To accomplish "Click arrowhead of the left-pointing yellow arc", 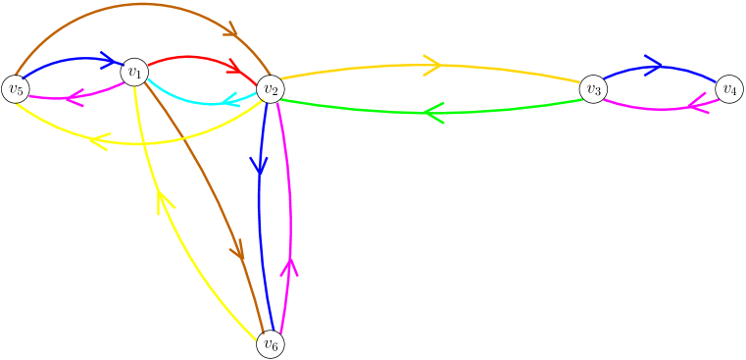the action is click(x=97, y=142).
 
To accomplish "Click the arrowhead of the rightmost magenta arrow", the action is click(x=699, y=103).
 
